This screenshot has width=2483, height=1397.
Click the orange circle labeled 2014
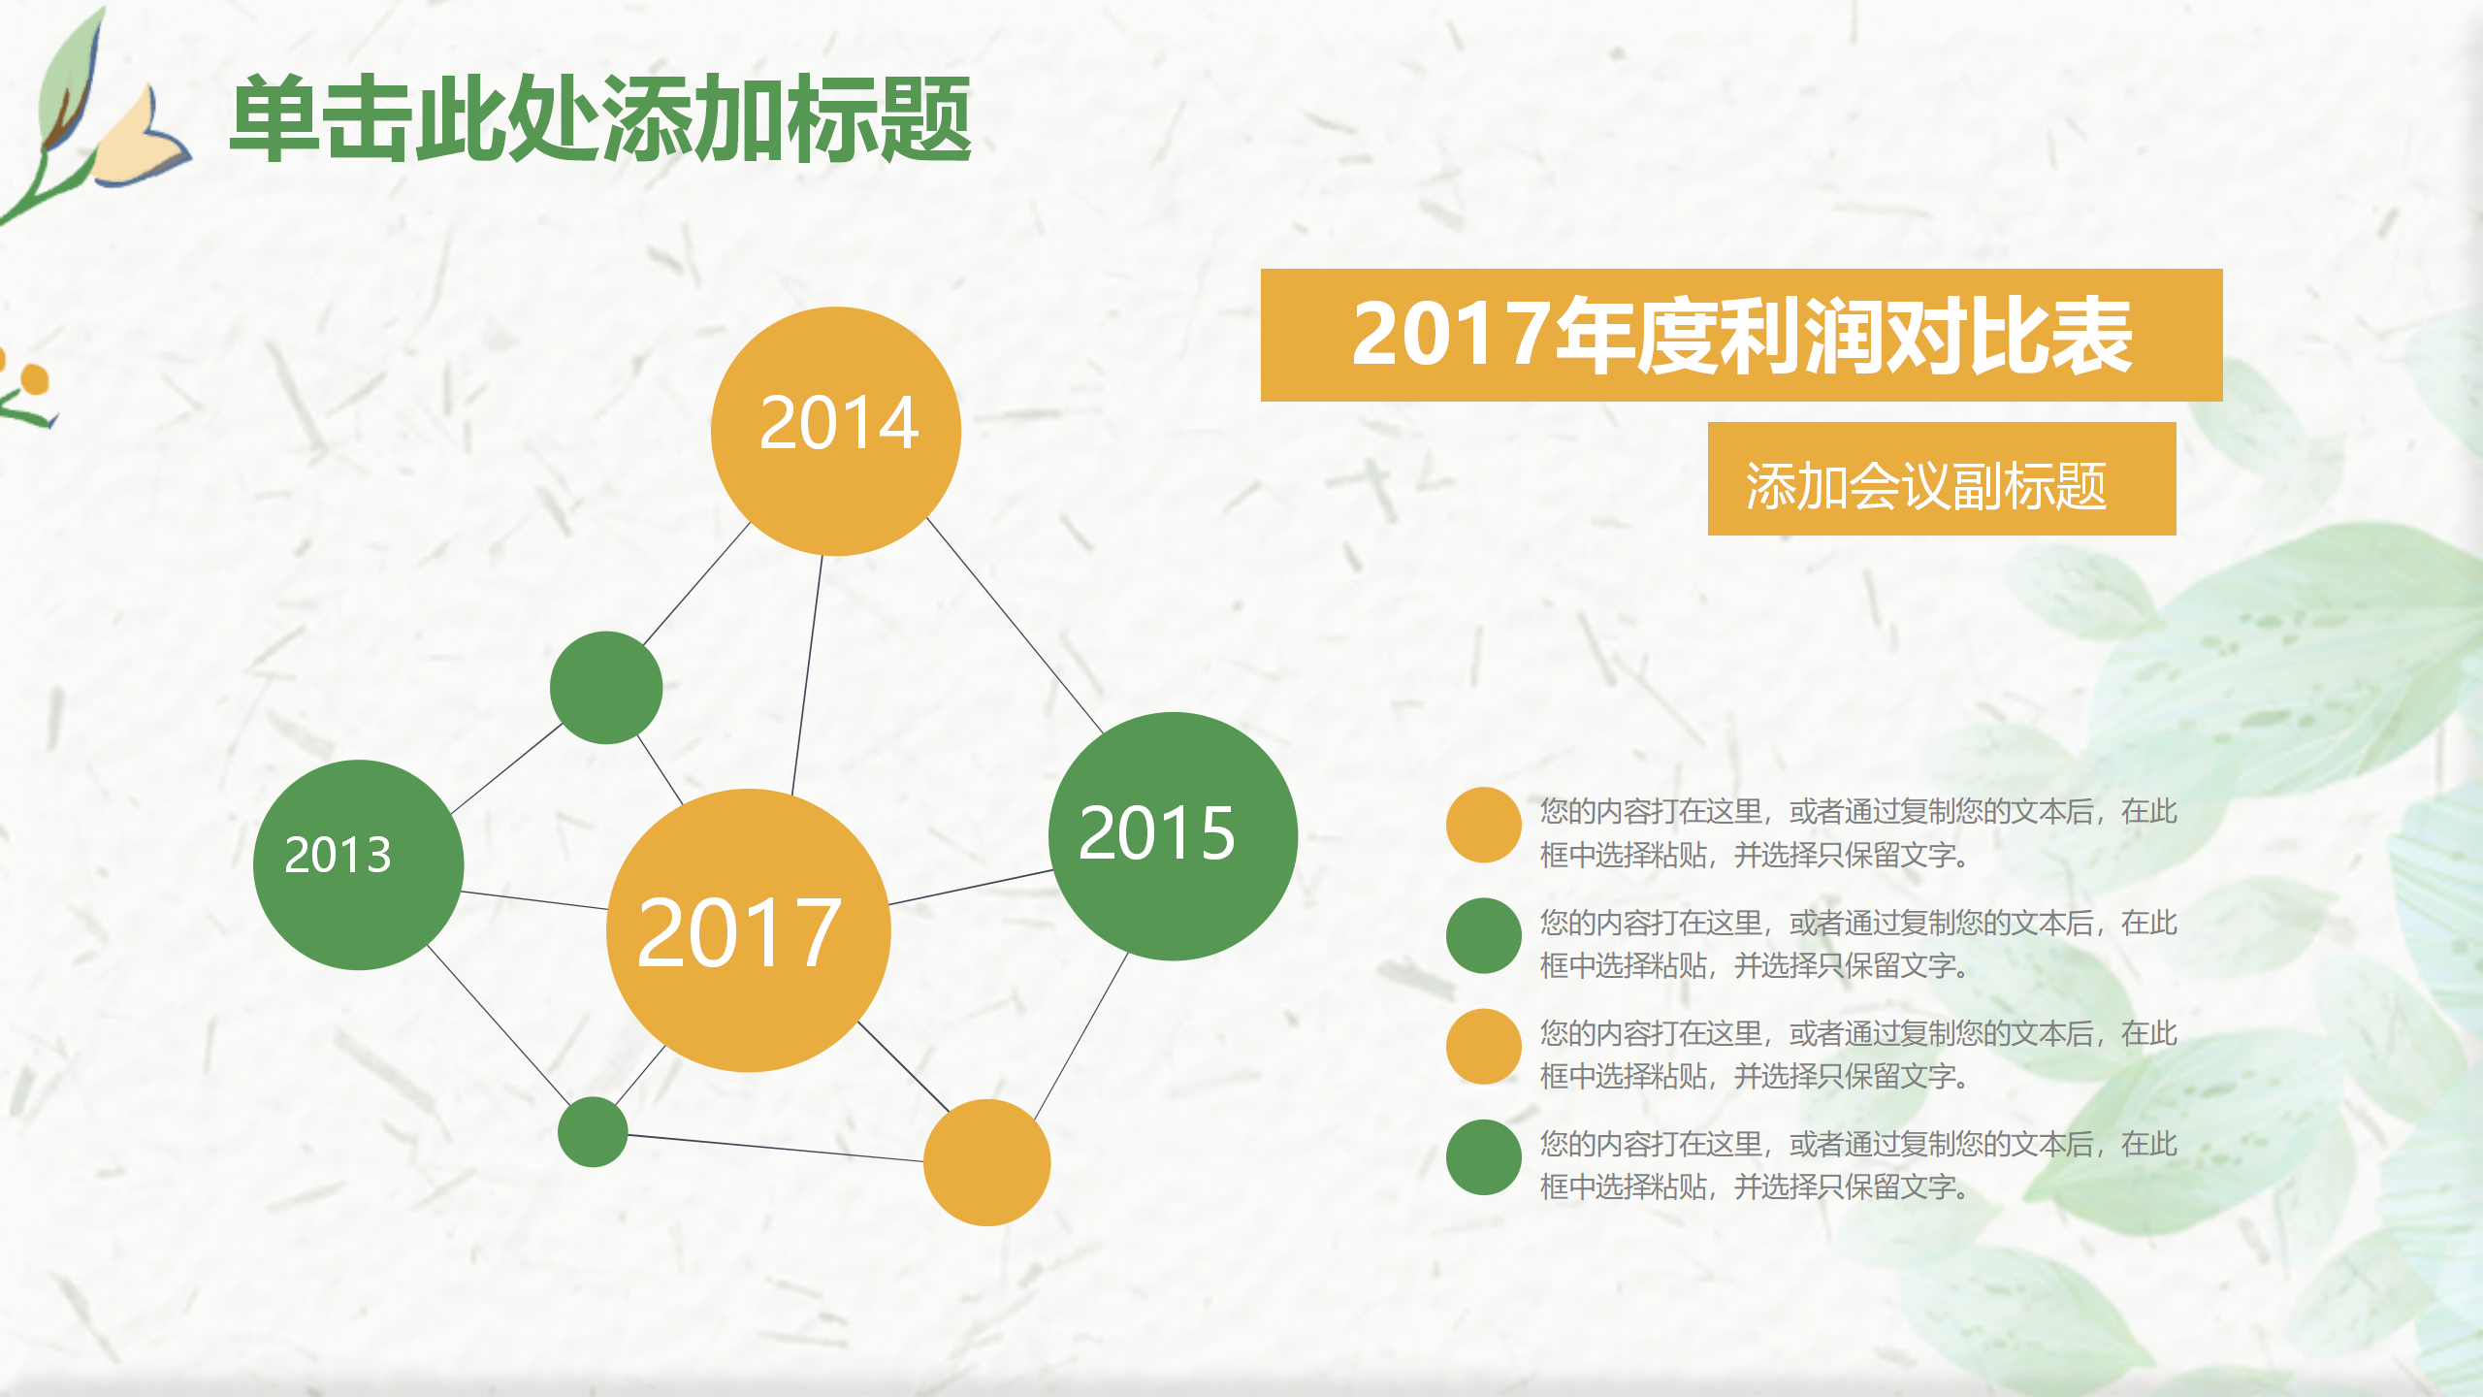point(835,431)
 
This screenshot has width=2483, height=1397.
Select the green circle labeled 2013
point(358,864)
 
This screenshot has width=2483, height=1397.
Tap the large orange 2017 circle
point(748,930)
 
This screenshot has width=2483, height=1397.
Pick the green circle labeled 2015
point(1173,835)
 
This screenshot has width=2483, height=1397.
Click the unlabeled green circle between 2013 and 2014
point(606,688)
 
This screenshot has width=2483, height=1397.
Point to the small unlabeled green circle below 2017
point(593,1131)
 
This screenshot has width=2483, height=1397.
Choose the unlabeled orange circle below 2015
point(986,1162)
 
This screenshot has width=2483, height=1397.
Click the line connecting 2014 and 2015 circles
point(1016,626)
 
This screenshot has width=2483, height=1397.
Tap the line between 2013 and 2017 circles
point(533,900)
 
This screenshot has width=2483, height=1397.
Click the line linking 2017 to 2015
point(970,888)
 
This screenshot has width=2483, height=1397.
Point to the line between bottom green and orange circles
point(776,1148)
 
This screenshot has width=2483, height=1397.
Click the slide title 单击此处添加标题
point(600,118)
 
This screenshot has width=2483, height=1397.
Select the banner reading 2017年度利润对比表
point(1741,335)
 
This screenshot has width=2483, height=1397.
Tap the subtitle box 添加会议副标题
point(1941,478)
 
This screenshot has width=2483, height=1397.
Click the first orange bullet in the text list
point(1483,825)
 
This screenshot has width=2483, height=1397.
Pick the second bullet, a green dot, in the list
point(1483,935)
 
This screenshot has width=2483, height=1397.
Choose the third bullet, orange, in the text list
point(1483,1046)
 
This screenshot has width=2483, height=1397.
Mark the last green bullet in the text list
point(1483,1156)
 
